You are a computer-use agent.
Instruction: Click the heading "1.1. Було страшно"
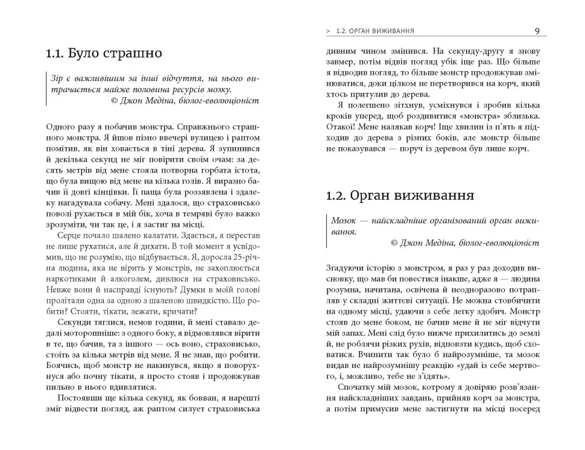point(104,53)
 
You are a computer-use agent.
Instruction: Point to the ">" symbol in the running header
point(327,31)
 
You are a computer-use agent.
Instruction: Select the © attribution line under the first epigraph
point(185,101)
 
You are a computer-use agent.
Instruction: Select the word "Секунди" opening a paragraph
point(75,323)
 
